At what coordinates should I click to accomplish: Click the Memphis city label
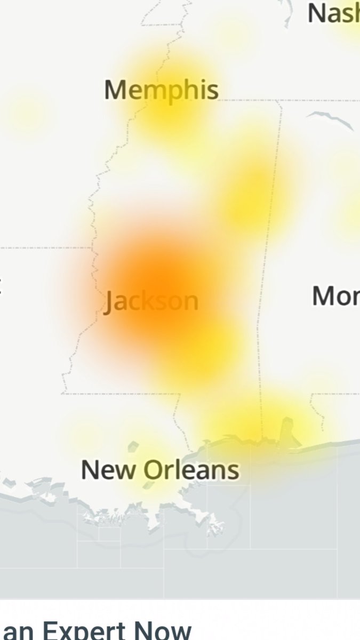(x=161, y=90)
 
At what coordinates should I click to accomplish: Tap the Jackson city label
(x=151, y=301)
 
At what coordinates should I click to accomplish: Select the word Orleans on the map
(x=191, y=470)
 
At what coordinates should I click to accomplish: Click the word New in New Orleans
(x=110, y=470)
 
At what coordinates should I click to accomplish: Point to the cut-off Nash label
(x=333, y=13)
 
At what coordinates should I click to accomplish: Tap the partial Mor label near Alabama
(x=335, y=295)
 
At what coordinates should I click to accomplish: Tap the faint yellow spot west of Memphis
(x=24, y=112)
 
